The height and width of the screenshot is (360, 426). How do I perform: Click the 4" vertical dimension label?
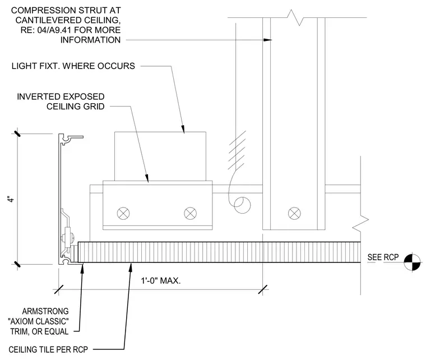11,199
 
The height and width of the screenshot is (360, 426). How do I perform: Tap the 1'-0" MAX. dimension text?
160,281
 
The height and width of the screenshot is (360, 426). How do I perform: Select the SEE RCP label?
383,257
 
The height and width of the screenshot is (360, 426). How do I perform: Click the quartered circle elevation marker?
412,262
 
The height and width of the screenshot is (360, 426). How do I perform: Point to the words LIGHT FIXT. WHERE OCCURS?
73,66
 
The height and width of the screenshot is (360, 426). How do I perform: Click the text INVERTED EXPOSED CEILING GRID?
61,101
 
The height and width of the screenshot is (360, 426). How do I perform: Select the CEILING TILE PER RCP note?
48,349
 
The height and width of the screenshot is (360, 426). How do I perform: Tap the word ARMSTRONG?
45,311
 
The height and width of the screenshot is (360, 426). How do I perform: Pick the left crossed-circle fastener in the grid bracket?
123,213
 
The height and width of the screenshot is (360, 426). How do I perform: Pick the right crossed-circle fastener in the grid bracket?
190,213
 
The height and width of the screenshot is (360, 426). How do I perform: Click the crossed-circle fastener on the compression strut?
294,213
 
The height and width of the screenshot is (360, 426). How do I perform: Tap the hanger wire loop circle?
242,205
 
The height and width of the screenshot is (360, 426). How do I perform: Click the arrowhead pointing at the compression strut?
267,40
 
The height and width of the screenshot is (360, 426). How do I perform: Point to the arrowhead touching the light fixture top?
183,129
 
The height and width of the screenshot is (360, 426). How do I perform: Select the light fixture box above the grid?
160,156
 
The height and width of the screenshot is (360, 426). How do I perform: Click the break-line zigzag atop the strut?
295,17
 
